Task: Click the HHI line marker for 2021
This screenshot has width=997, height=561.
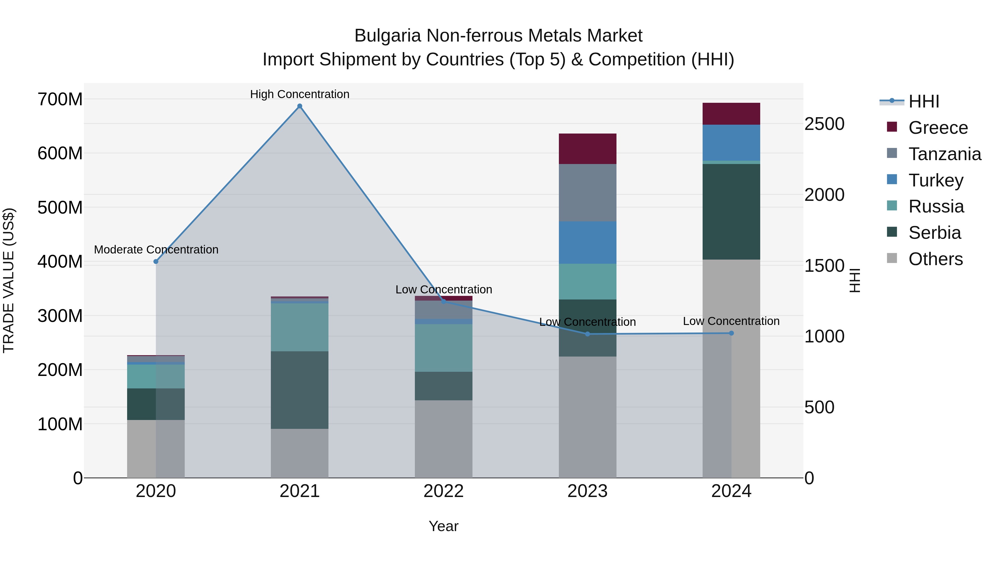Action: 300,106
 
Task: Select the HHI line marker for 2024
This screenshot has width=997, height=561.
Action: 731,333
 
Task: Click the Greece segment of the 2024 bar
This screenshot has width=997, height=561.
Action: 731,114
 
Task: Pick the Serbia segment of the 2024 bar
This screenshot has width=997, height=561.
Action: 731,212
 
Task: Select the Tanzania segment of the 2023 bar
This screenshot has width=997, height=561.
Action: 587,193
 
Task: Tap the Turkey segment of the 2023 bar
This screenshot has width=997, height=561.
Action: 587,243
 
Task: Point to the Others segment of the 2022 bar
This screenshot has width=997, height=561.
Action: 444,439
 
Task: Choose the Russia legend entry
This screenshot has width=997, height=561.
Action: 936,207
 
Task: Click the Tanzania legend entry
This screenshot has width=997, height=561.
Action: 944,154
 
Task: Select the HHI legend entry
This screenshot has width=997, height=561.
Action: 923,101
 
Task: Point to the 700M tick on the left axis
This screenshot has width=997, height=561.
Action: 60,99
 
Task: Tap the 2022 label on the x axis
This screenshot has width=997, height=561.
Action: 444,491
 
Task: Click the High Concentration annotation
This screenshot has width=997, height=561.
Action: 300,94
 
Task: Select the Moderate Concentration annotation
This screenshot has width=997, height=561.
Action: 156,250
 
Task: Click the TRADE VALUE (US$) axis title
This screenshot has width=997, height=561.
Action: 9,280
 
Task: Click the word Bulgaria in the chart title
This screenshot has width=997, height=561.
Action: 387,36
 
